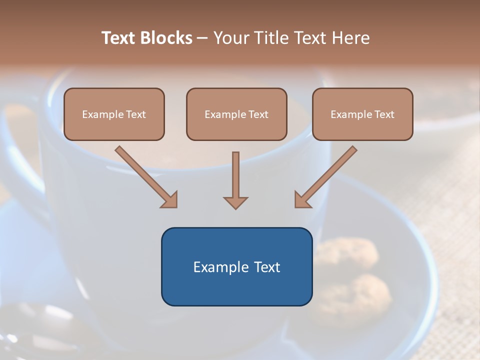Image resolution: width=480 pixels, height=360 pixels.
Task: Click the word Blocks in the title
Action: [x=166, y=38]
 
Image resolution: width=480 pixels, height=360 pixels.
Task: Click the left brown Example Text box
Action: [x=114, y=114]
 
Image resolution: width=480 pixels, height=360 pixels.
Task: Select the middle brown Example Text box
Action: [x=236, y=114]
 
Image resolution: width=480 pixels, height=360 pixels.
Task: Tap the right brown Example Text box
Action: [x=362, y=114]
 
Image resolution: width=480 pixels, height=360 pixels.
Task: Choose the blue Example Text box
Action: [x=236, y=266]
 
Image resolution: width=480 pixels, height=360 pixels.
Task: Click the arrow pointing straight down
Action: [x=235, y=180]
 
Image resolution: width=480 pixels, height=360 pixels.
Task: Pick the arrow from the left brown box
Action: [x=146, y=176]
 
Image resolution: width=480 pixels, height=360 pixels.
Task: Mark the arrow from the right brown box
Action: [x=325, y=177]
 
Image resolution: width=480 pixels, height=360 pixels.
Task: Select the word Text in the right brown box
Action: [x=384, y=114]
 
